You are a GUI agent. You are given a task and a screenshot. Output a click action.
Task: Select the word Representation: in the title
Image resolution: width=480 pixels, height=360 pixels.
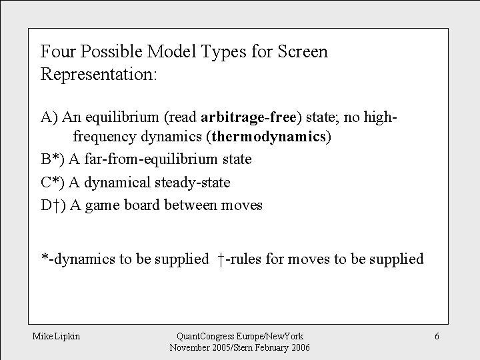(99, 73)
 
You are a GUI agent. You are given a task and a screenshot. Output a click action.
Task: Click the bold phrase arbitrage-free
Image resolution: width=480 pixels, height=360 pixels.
(249, 117)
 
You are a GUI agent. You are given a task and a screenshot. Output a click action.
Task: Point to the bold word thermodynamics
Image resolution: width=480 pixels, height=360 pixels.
(269, 137)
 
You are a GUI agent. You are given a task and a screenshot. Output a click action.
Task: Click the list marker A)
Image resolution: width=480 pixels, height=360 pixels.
(50, 117)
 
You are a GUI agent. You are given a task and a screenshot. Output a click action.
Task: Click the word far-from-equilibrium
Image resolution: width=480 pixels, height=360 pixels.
(150, 159)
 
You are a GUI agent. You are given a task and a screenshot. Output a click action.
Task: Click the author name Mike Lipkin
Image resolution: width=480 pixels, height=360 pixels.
(57, 337)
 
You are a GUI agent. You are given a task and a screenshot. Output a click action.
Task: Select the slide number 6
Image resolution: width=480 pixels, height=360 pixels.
(437, 337)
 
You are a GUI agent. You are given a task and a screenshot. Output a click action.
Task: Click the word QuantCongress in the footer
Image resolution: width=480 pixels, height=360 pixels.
(196, 337)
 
